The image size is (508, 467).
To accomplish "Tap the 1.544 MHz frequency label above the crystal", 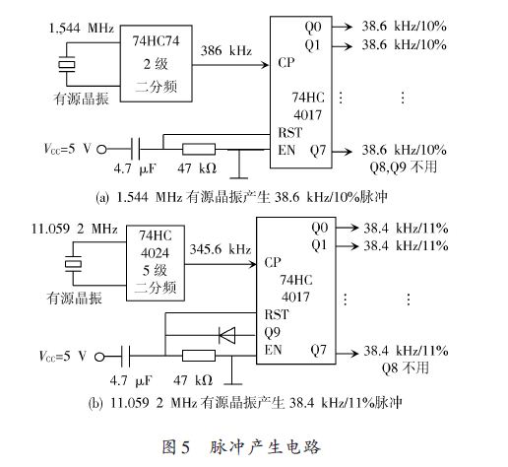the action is [x=82, y=28].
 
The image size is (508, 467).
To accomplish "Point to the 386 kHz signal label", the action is [x=226, y=50].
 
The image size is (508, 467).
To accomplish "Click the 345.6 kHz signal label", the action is [x=221, y=249].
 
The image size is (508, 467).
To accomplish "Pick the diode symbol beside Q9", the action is [x=227, y=335].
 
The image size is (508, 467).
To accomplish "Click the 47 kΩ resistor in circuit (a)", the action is [x=199, y=149].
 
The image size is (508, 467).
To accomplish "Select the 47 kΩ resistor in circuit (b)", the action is [x=199, y=356].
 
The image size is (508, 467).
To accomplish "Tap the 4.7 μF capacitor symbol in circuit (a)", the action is [x=135, y=149].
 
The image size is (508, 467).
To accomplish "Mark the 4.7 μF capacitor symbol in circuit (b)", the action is [x=126, y=357].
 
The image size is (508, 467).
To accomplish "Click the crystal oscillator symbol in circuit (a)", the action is [x=67, y=64].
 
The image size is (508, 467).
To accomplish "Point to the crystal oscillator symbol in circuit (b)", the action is [x=73, y=264].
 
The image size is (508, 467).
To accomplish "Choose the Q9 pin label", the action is [x=272, y=333].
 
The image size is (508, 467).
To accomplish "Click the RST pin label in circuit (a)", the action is [x=289, y=133].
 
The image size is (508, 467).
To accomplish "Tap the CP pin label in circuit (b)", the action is [x=273, y=262].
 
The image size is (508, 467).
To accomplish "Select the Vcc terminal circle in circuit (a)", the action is [x=101, y=150].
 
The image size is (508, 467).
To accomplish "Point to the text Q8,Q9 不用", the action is [x=404, y=167].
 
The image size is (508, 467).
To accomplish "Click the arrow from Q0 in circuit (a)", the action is [x=342, y=27].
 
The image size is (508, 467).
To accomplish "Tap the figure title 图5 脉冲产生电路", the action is [x=241, y=446].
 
